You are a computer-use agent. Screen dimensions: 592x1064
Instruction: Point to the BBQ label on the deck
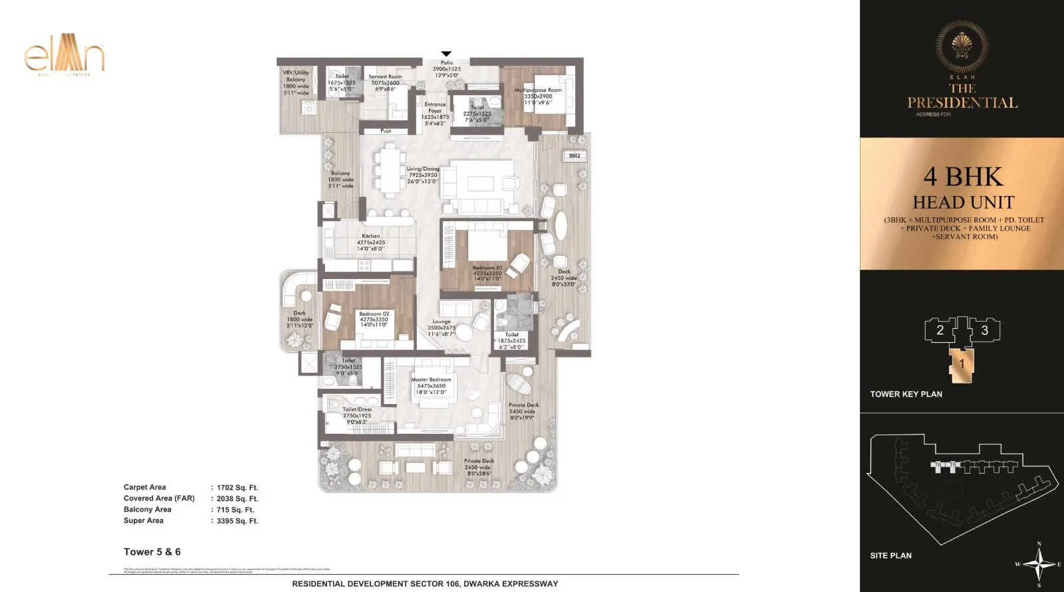coord(575,155)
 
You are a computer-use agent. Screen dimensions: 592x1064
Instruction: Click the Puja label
coord(386,131)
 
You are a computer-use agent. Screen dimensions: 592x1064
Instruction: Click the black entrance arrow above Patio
coord(446,54)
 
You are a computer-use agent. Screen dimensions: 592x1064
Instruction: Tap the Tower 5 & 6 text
coord(152,552)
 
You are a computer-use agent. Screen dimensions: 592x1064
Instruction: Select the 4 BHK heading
coord(962,177)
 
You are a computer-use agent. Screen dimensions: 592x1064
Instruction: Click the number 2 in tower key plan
coord(940,330)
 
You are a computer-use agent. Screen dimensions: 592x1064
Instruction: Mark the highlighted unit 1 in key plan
coord(962,365)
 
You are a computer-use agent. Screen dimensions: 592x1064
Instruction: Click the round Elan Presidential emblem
coord(962,46)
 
